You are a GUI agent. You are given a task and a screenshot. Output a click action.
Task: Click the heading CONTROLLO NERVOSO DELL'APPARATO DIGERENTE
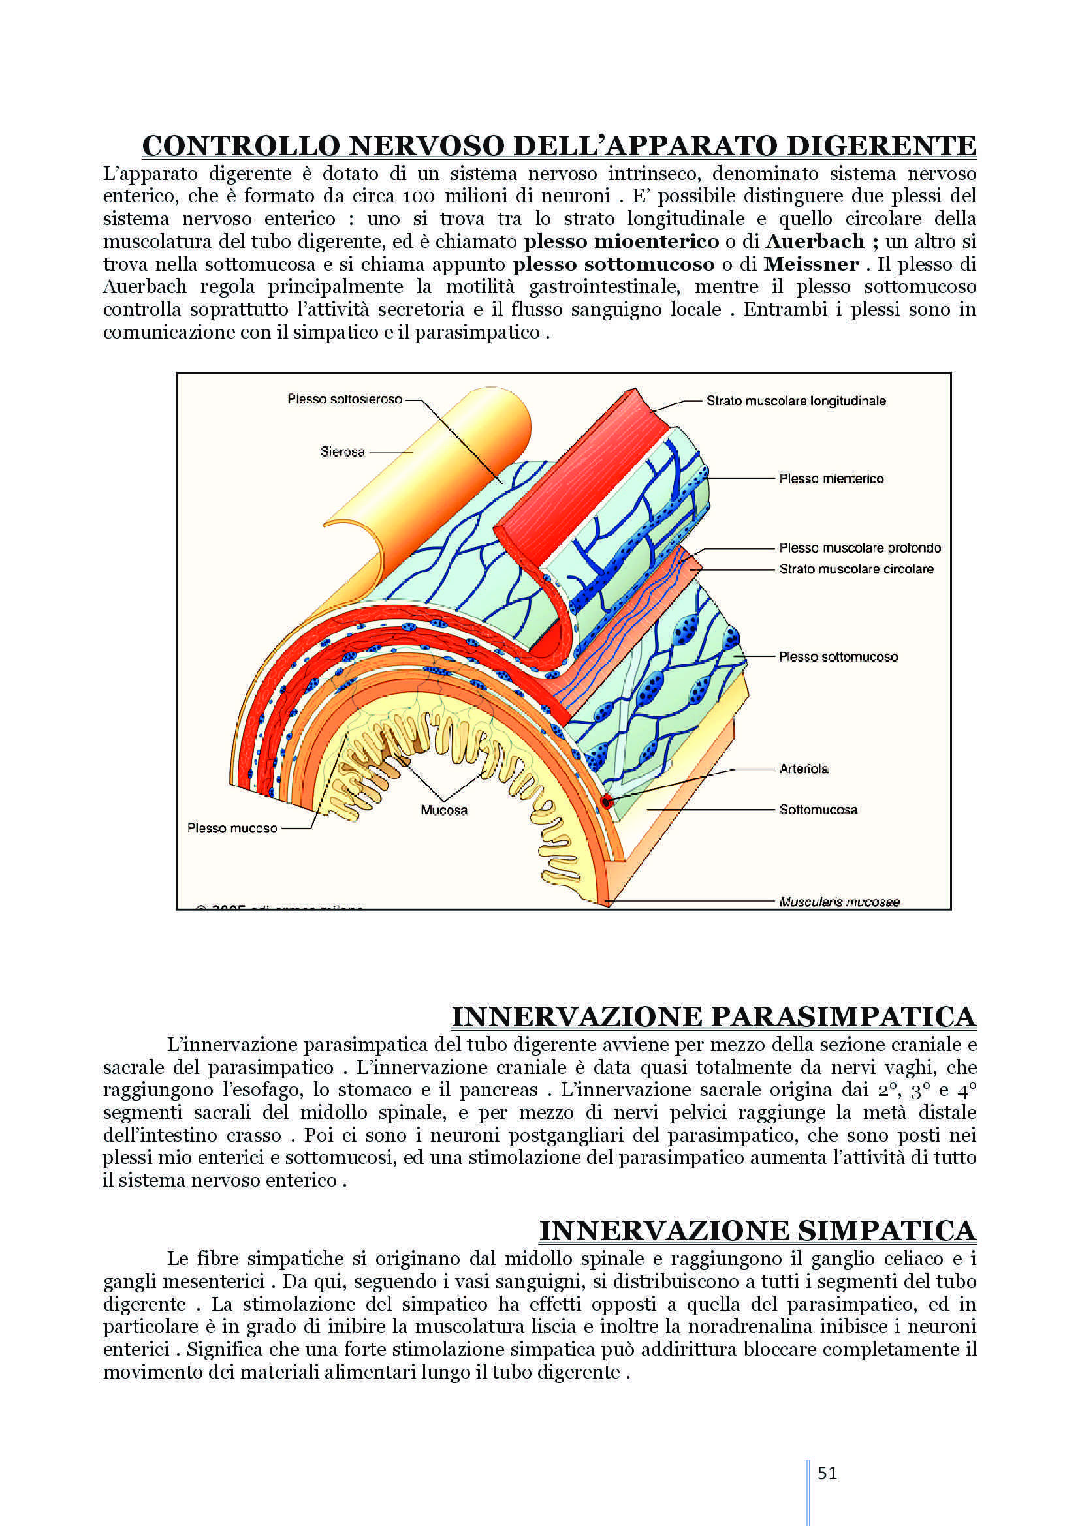559,145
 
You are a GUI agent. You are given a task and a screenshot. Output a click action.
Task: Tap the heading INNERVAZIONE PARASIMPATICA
713,1017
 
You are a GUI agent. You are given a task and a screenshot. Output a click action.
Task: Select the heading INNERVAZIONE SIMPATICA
757,1231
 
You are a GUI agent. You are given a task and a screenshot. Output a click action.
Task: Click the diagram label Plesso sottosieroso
345,399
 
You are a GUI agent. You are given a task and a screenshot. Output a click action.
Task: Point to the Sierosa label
343,452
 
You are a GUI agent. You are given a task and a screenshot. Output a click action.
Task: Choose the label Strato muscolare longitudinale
796,401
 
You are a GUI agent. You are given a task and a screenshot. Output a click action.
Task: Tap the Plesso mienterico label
831,478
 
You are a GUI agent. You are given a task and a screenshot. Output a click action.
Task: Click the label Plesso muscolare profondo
860,547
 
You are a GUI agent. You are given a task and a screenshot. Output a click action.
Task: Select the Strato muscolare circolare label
856,569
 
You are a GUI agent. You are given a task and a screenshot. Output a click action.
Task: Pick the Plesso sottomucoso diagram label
838,657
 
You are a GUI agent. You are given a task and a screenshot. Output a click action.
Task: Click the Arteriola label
803,769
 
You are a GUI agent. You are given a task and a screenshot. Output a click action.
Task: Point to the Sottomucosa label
818,810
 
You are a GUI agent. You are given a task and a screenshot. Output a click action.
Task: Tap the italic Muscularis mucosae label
839,902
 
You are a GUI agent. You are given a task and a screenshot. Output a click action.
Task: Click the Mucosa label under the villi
444,810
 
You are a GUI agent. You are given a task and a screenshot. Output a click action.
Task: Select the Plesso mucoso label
232,828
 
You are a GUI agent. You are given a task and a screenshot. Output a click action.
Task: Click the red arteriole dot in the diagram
606,802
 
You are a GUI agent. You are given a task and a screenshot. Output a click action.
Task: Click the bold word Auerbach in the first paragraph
815,241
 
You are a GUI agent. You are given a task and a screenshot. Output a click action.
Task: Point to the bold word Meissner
811,264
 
